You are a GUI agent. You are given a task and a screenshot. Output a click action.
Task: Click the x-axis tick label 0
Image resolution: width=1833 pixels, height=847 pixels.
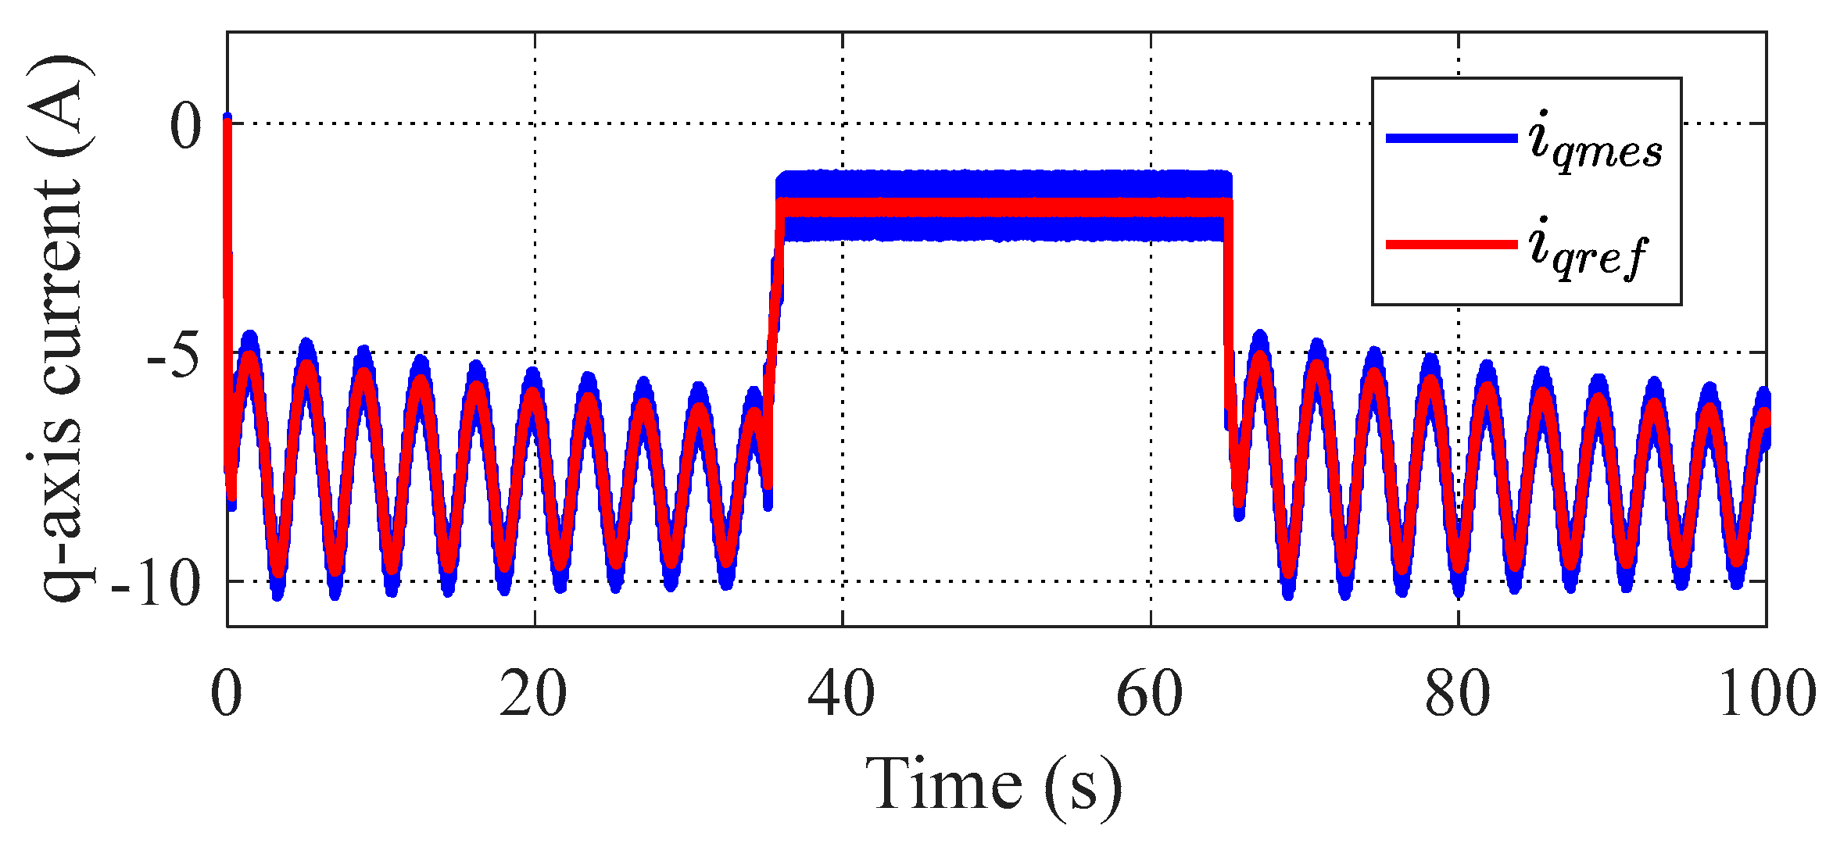point(227,694)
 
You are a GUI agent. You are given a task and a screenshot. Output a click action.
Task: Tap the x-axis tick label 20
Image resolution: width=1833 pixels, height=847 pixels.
point(533,694)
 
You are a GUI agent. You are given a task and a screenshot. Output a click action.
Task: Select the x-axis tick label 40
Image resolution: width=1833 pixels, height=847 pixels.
point(841,694)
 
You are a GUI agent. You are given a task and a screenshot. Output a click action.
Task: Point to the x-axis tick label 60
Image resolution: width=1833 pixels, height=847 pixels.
point(1149,694)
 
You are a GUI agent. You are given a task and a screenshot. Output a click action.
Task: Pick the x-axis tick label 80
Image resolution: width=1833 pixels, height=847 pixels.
point(1457,694)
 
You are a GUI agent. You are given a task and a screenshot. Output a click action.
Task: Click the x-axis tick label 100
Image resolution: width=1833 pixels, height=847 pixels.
point(1767,694)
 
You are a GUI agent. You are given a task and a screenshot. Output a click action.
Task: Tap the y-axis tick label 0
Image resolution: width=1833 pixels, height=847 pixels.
point(186,125)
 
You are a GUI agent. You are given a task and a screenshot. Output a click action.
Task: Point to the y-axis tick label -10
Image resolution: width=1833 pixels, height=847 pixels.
point(156,583)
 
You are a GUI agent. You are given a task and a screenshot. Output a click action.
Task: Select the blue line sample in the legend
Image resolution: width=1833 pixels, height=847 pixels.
point(1451,138)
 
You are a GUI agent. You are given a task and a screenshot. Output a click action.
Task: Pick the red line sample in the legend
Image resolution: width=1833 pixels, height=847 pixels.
point(1451,245)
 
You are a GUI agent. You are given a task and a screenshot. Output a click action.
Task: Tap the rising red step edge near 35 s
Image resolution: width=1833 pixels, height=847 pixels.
point(774,313)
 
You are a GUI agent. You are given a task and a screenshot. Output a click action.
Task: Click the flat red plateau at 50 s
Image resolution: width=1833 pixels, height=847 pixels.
point(997,207)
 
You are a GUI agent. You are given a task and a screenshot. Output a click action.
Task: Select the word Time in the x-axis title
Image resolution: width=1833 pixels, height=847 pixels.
point(943,784)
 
